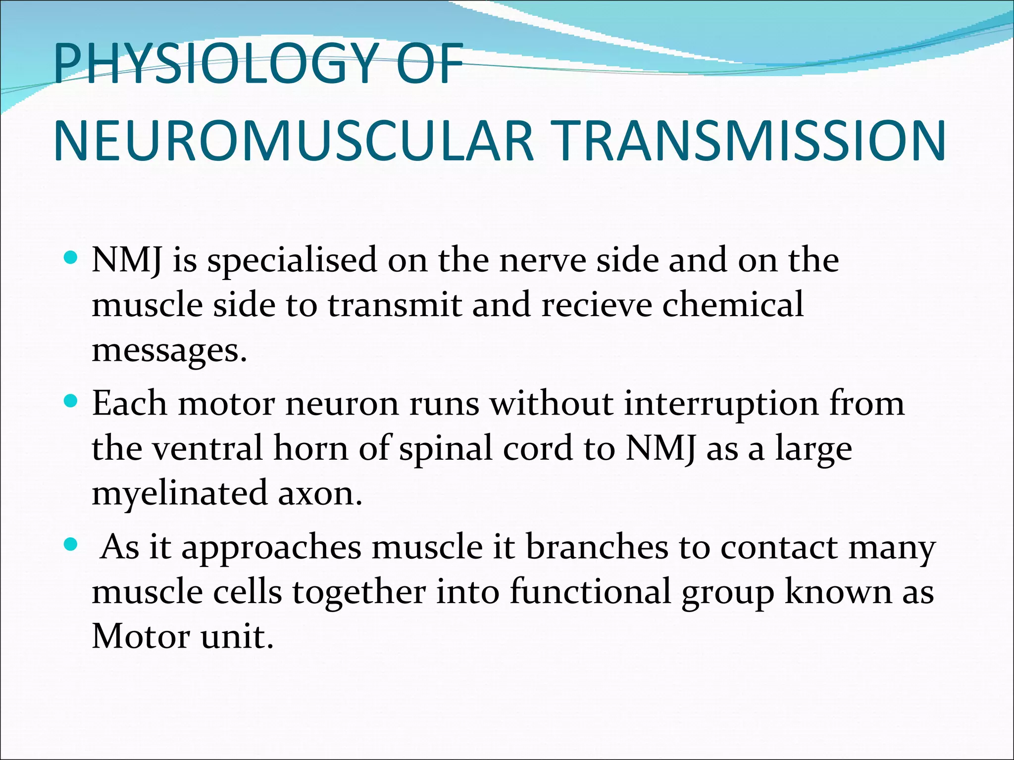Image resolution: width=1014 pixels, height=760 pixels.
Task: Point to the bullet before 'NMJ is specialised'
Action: (71, 258)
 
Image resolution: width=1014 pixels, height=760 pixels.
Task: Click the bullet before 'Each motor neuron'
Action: (71, 401)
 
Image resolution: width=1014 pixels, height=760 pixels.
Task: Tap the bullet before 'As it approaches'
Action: (71, 545)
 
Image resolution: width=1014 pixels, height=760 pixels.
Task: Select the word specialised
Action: (292, 261)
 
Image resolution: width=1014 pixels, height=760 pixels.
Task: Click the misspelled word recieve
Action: (597, 305)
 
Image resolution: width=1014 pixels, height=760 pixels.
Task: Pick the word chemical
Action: (733, 305)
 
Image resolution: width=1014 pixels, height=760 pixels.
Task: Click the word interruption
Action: (721, 404)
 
